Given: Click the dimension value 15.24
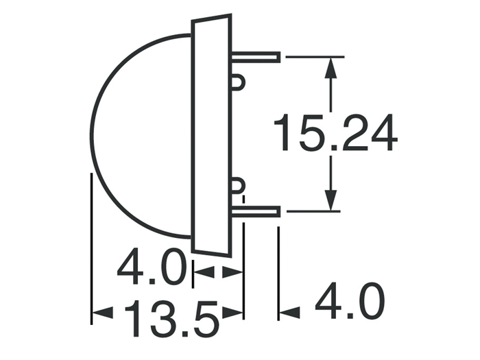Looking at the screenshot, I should [335, 134].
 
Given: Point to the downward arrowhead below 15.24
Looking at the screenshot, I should [332, 200].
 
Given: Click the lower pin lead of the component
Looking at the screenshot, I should [261, 213].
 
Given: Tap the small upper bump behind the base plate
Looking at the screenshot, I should [237, 82].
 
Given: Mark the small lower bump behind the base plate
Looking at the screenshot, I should [237, 184].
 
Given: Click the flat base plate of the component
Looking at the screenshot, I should [211, 134].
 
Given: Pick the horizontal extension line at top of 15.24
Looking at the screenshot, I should [312, 56].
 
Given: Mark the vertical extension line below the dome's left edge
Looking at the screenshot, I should [91, 247].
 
